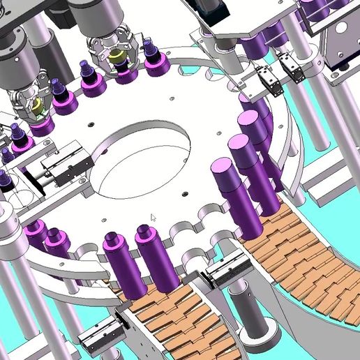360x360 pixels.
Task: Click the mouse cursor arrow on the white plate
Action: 153,217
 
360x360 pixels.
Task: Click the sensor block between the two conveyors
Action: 228,272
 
